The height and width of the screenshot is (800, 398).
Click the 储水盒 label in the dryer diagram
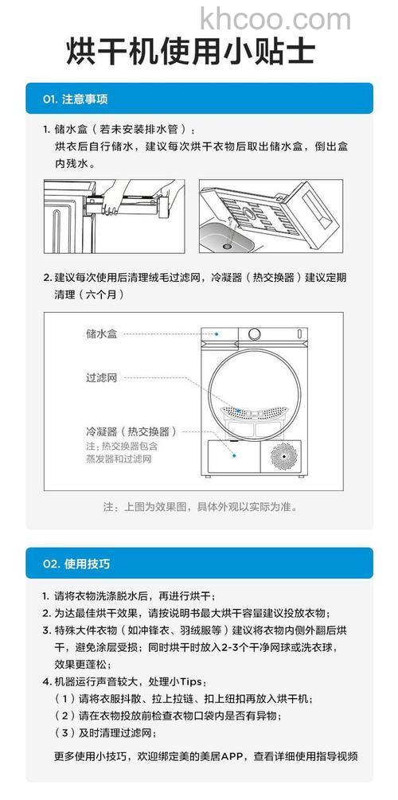tap(101, 334)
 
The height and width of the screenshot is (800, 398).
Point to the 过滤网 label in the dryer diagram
tap(101, 377)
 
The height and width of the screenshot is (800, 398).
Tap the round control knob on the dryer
tap(254, 335)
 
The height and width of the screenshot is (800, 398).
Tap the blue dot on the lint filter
tap(244, 414)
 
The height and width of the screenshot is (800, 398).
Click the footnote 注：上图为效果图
tap(199, 506)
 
